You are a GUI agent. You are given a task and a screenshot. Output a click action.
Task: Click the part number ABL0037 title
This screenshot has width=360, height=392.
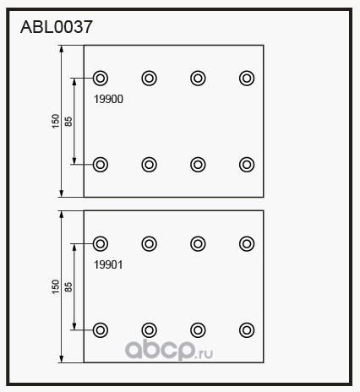57,27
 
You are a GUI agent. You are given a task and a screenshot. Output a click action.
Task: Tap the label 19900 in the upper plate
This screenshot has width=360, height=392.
108,99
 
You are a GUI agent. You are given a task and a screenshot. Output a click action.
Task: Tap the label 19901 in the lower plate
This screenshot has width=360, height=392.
108,264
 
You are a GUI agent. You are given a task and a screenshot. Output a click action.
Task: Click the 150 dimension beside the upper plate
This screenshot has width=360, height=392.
56,121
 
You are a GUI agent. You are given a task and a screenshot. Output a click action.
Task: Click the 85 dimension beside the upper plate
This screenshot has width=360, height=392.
68,122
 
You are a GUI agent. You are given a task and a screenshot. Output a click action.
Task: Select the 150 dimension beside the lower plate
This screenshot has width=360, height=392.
56,286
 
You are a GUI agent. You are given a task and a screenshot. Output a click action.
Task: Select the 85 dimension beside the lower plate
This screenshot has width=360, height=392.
68,287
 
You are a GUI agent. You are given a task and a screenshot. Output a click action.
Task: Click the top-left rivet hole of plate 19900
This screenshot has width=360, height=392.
101,78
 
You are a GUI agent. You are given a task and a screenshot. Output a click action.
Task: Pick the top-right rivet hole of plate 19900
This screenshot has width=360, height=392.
247,78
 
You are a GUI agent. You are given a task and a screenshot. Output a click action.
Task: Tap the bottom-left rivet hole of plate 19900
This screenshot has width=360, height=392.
101,165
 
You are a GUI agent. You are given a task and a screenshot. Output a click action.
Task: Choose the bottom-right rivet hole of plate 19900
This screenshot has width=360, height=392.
247,165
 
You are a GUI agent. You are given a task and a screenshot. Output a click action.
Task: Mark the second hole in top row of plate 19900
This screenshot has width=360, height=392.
149,78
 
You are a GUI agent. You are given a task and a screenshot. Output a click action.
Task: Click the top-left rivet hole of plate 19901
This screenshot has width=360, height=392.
101,243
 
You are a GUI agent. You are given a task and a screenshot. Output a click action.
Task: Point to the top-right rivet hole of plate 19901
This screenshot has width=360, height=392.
247,243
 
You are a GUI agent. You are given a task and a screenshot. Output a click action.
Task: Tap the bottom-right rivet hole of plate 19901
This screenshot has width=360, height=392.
247,330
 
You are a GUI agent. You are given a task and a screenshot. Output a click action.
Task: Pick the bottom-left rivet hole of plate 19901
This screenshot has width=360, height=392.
101,330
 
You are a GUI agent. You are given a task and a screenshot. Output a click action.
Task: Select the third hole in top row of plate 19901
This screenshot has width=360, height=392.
198,243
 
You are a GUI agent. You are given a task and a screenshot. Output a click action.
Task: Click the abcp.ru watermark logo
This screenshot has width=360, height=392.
169,350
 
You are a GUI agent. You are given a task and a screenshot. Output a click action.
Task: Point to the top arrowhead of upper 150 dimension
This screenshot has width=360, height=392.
62,49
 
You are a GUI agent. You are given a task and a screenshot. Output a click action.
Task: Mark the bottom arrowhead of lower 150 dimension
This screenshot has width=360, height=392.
62,359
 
